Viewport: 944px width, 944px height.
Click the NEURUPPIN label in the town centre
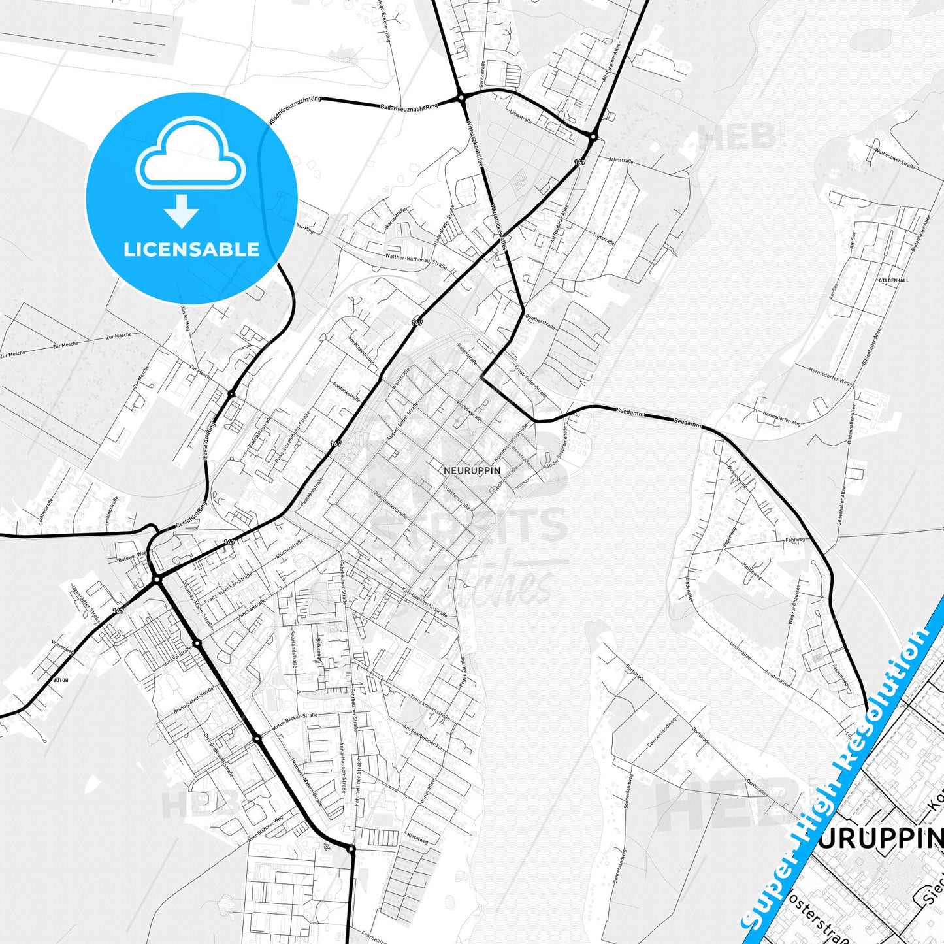point(472,470)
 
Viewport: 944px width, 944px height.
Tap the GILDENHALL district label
point(894,280)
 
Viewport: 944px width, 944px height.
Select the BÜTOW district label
point(60,680)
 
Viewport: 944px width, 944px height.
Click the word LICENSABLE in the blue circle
point(191,249)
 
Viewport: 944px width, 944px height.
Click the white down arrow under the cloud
point(182,210)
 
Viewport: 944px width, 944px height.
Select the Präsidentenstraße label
point(391,505)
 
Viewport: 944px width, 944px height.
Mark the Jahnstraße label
point(621,159)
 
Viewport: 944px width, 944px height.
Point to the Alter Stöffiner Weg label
point(265,828)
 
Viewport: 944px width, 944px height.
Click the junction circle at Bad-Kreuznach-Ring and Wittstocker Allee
point(461,98)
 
